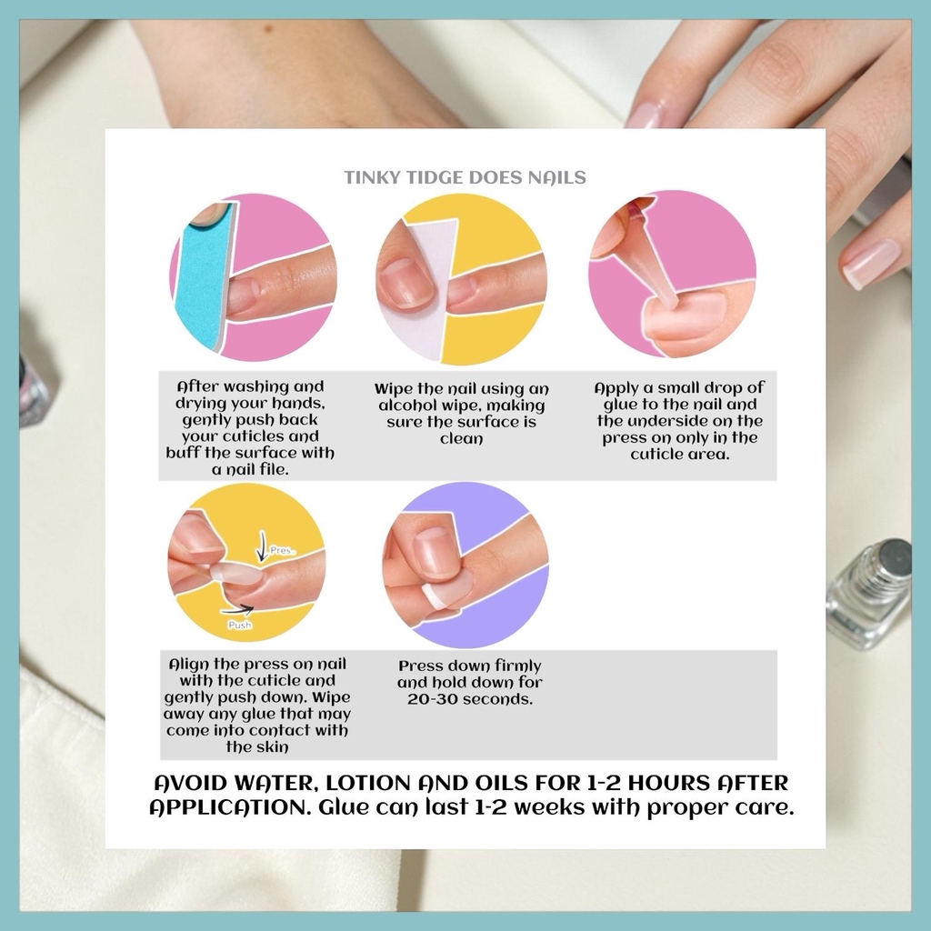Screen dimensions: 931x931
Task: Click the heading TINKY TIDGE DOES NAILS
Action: [465, 177]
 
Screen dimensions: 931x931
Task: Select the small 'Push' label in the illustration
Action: [240, 625]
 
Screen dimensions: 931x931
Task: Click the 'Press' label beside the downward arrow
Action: [281, 550]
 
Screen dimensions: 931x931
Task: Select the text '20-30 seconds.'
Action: [470, 699]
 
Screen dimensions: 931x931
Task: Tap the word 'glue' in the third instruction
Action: [620, 405]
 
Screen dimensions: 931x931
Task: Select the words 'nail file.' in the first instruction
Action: [251, 470]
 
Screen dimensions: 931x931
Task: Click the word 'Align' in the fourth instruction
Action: [188, 665]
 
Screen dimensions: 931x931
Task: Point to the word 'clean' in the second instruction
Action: [461, 439]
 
